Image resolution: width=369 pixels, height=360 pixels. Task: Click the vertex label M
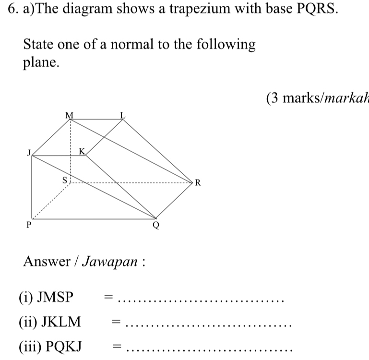69,115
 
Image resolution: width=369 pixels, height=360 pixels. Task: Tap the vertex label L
123,115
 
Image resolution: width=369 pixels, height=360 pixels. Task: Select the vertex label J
29,153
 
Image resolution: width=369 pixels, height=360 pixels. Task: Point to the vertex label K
82,151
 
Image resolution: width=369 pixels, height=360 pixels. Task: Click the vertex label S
65,180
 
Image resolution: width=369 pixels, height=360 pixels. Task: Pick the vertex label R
198,182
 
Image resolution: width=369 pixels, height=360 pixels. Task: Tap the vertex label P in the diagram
29,225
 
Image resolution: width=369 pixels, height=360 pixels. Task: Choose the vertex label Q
156,225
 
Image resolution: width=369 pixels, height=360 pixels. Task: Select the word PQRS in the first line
317,9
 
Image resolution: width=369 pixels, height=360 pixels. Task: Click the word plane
41,62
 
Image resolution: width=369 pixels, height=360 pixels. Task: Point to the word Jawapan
110,261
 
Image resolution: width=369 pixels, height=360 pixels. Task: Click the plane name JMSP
55,297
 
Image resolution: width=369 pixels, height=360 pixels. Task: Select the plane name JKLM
61,322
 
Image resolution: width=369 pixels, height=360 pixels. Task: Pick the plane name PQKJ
63,347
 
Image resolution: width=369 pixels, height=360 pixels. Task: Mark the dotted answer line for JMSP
201,301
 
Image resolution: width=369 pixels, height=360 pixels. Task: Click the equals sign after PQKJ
117,346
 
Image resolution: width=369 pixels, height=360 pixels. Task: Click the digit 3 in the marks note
275,98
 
